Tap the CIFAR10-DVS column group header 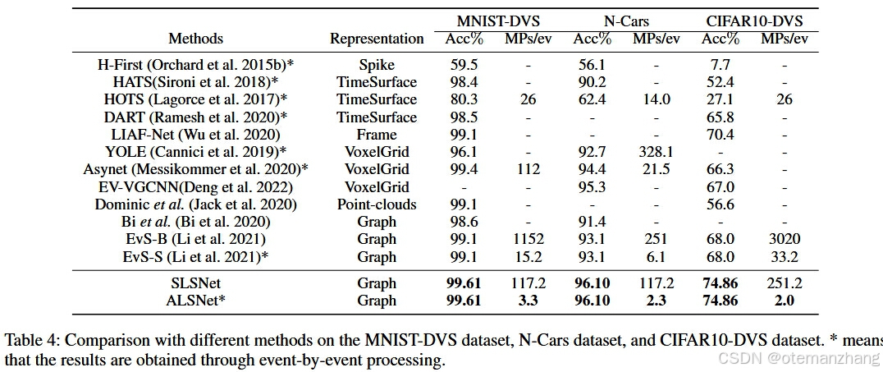pos(755,21)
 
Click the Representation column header pos(377,39)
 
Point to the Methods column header pos(195,39)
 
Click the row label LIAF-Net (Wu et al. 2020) pos(195,135)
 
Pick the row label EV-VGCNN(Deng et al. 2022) pos(195,187)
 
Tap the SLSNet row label pos(195,283)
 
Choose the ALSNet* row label pos(195,301)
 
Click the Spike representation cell pos(377,64)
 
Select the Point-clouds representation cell pos(377,204)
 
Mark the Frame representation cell pos(377,135)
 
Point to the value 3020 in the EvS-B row pos(785,240)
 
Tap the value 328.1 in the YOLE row pos(656,152)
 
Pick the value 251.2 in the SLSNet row pos(785,283)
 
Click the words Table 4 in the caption pos(28,340)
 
